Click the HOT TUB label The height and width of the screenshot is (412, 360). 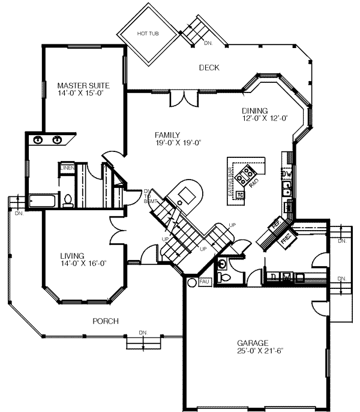(147, 34)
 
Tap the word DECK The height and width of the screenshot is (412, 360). (209, 68)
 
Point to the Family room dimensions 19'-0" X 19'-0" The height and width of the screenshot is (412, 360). (176, 142)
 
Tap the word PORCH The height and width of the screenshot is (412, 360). (105, 321)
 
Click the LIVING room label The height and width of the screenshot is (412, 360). (72, 255)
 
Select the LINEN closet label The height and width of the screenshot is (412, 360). (67, 168)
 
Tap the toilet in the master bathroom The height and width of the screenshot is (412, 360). (68, 201)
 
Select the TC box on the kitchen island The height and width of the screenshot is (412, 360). (239, 195)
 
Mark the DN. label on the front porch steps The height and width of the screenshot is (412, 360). (143, 332)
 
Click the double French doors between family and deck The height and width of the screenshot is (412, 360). (181, 97)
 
